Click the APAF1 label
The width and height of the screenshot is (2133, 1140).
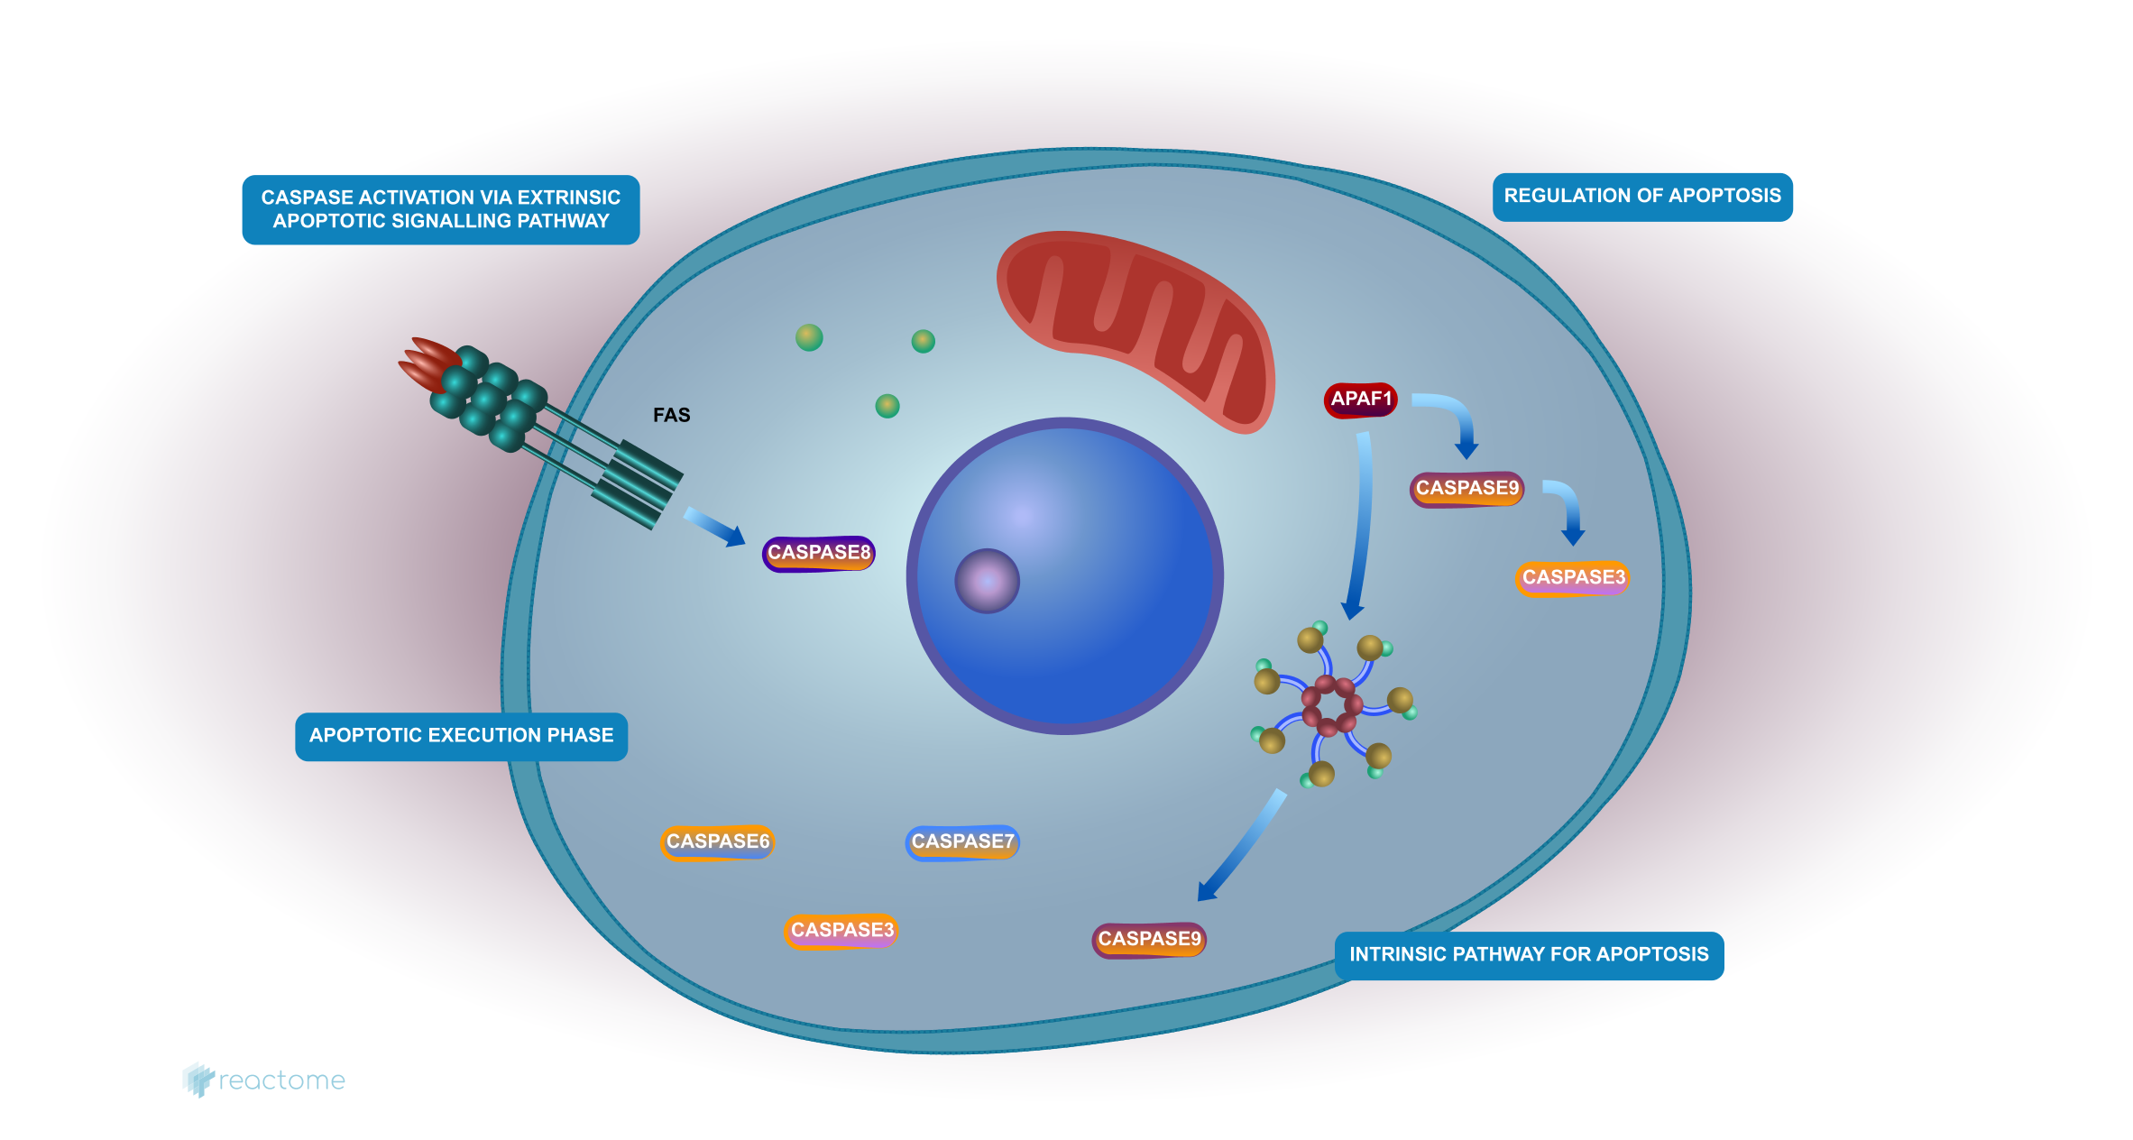click(1360, 400)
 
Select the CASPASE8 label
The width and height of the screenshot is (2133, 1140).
click(818, 553)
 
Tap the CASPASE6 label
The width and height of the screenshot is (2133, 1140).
click(718, 841)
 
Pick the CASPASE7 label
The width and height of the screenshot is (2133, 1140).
click(962, 842)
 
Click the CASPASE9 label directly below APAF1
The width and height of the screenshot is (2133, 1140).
click(1466, 489)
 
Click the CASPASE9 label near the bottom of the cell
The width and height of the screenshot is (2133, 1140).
click(1149, 939)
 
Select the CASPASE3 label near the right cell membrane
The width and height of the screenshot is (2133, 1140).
click(1573, 577)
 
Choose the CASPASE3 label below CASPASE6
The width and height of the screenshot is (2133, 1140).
click(841, 931)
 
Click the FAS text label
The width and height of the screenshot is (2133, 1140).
click(671, 415)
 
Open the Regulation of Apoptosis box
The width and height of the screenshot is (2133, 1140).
click(1641, 197)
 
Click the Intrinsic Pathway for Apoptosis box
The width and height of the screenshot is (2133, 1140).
click(1529, 954)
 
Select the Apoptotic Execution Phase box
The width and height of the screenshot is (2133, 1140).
click(461, 736)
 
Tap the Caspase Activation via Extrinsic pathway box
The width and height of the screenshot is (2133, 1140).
click(440, 209)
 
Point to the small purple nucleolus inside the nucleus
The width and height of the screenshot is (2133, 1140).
click(987, 581)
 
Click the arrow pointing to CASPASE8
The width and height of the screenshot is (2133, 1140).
click(715, 527)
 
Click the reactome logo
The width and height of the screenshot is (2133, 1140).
click(263, 1080)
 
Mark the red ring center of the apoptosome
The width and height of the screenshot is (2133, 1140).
click(1331, 705)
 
